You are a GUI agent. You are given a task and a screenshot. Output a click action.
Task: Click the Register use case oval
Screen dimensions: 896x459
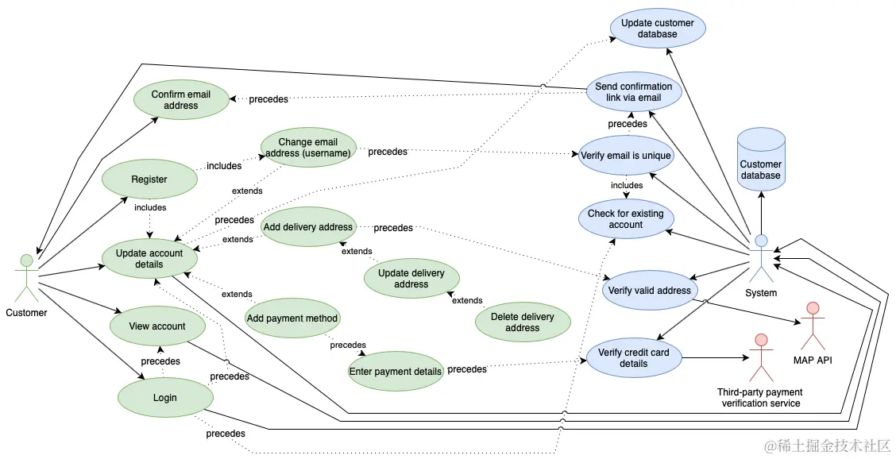tap(149, 179)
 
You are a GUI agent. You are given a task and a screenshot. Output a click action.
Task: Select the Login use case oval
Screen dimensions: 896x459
tap(165, 398)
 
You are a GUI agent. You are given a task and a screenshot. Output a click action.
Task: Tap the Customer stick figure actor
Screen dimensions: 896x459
tap(26, 278)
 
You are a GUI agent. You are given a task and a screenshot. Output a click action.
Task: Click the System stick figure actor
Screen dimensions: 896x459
tap(761, 258)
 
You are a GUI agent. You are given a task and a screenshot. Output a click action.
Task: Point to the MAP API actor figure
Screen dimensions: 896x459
tap(813, 326)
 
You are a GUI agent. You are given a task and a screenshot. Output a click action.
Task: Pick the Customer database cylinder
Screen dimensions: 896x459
tap(761, 160)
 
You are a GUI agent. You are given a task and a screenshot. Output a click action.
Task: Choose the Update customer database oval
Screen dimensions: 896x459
tap(658, 29)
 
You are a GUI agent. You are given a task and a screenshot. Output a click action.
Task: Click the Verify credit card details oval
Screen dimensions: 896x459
tap(635, 358)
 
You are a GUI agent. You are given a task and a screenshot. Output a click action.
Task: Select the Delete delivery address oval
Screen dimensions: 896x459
tap(523, 322)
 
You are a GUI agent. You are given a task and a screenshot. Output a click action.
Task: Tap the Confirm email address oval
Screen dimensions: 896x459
tap(181, 100)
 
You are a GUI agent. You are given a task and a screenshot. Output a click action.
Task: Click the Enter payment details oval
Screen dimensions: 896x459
tap(396, 372)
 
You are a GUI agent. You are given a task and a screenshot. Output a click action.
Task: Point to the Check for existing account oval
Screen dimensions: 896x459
tap(626, 219)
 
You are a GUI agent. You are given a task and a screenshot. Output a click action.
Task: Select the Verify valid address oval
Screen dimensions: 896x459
tap(650, 291)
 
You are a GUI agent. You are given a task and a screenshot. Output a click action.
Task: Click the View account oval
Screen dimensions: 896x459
tap(157, 326)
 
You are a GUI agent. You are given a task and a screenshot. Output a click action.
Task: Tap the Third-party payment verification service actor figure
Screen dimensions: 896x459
tap(761, 358)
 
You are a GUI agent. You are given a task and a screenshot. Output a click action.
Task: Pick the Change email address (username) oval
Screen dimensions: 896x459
tap(308, 148)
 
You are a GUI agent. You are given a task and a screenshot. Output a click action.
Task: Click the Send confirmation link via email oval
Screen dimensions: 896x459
tap(635, 92)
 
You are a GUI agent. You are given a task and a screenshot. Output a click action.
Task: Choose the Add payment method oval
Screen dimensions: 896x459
tap(292, 318)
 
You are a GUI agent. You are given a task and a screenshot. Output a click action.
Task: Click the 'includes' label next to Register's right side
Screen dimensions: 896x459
tap(224, 166)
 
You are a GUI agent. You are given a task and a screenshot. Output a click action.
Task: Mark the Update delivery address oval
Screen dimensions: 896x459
tap(411, 279)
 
